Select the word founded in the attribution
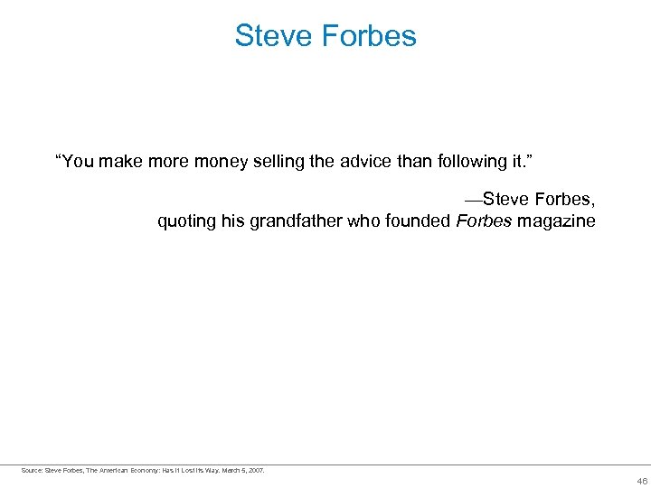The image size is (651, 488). click(419, 221)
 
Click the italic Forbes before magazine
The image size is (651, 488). click(484, 221)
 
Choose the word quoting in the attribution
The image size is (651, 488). click(187, 221)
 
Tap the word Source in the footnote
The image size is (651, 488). click(32, 470)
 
